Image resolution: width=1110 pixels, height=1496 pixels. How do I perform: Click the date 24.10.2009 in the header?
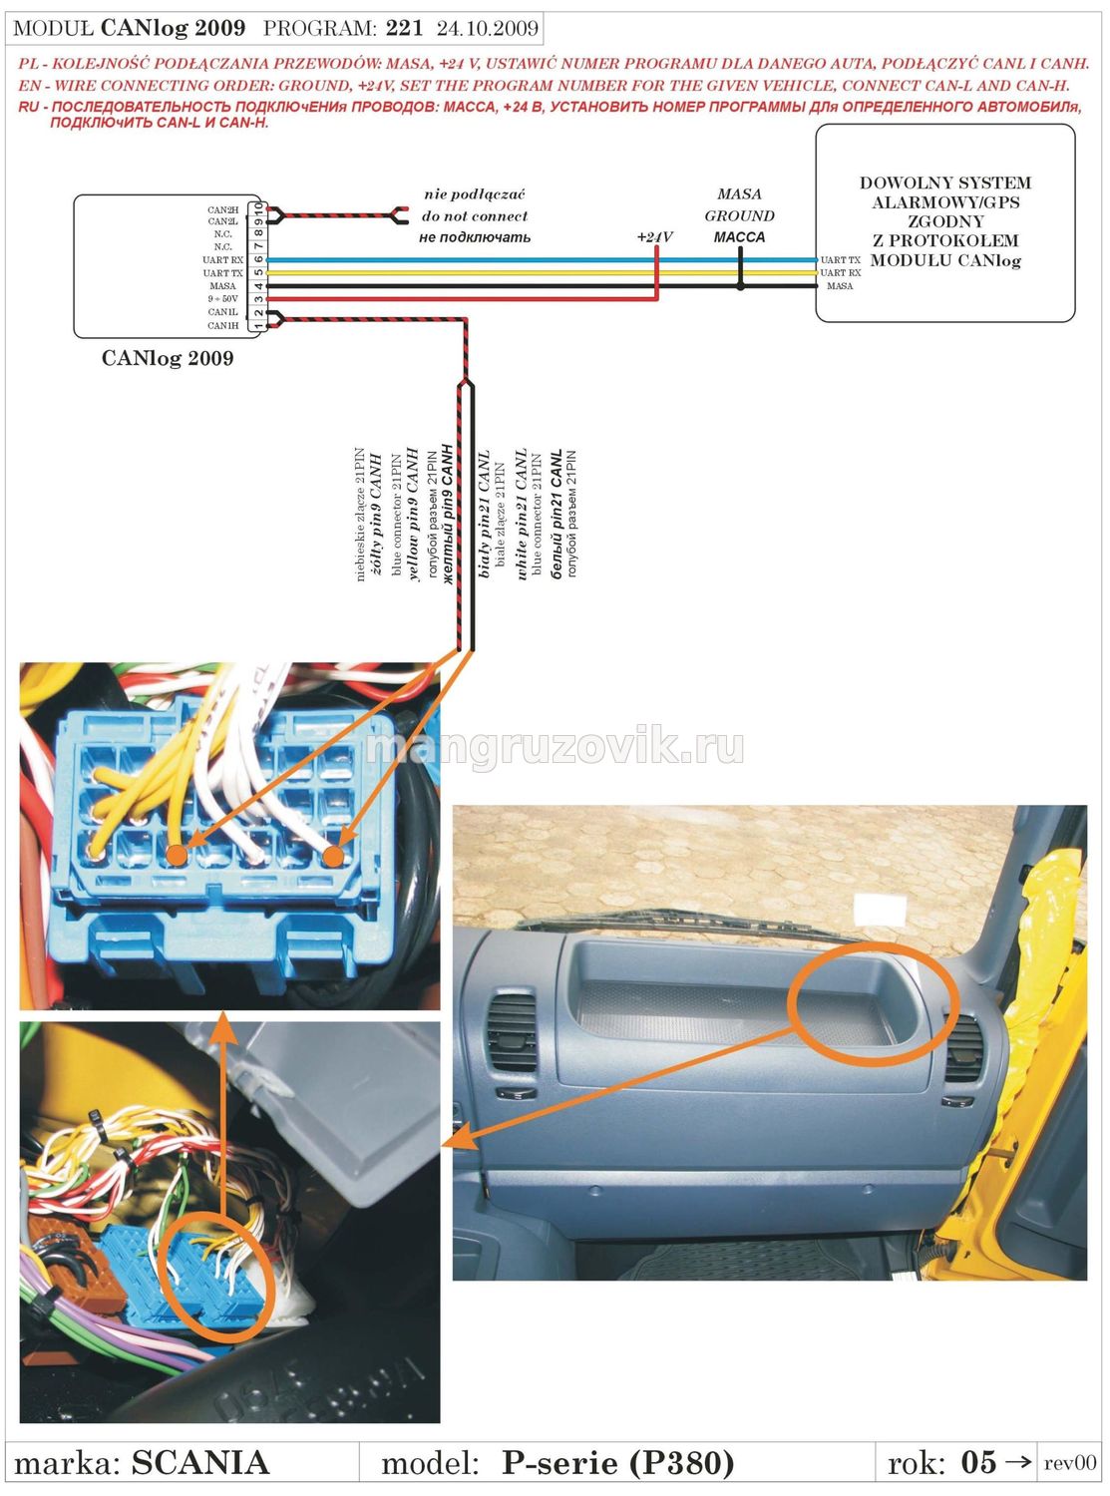(488, 28)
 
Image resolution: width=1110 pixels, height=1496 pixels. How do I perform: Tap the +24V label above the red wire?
(654, 237)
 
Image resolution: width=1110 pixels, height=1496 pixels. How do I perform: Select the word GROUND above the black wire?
(739, 215)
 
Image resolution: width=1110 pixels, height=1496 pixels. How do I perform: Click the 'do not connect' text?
(475, 215)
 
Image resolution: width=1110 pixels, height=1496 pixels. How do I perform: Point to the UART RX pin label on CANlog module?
(222, 259)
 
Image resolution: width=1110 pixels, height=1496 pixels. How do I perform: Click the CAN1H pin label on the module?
(222, 325)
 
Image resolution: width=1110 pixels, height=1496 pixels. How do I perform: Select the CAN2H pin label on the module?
(222, 209)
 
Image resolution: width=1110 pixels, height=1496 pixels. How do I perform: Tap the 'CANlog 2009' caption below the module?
(168, 358)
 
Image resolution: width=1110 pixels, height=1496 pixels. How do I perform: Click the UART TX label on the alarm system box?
(840, 259)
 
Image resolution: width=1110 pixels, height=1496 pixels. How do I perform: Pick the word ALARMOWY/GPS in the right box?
(945, 202)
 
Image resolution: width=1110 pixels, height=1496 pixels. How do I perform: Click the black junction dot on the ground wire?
(740, 286)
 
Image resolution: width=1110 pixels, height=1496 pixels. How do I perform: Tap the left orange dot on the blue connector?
(177, 854)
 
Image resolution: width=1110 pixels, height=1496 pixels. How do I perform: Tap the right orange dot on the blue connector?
(333, 856)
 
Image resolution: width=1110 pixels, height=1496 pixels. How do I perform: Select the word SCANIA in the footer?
(200, 1463)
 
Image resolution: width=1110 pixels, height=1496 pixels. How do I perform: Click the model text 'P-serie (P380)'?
(617, 1463)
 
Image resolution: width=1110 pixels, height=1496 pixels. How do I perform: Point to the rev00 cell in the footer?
(1069, 1463)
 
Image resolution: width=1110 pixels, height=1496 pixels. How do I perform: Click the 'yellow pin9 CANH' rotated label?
(413, 515)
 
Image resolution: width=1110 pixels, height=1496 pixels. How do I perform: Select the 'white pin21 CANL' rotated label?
(521, 515)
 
